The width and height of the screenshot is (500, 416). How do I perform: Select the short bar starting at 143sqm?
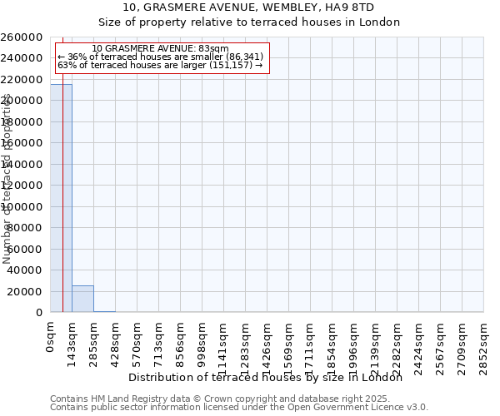pos(82,299)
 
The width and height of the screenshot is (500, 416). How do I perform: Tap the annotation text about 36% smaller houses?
pos(161,57)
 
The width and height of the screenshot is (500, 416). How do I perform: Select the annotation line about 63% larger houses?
pos(160,65)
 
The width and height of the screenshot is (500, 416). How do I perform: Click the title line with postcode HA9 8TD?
pos(249,7)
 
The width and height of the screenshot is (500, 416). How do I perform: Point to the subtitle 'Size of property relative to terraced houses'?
pos(249,22)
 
